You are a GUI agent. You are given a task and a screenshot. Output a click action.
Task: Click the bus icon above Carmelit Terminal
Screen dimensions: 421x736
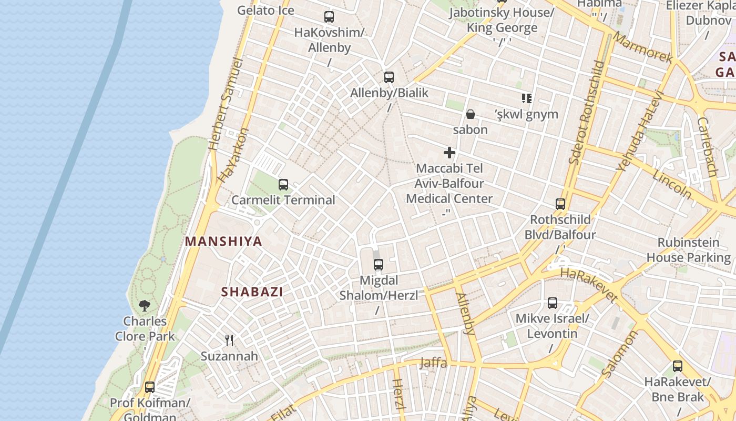(x=283, y=185)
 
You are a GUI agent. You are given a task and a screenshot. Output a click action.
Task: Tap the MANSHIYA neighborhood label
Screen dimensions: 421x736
(x=223, y=242)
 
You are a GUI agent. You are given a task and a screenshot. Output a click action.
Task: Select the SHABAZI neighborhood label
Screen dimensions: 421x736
(x=252, y=292)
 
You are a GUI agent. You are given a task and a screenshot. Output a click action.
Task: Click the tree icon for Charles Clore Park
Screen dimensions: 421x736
(x=145, y=305)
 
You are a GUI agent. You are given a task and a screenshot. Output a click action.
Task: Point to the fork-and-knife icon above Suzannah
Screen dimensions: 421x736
(x=229, y=340)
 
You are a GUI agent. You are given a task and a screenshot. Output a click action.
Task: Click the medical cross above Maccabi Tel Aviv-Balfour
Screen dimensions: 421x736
(x=449, y=153)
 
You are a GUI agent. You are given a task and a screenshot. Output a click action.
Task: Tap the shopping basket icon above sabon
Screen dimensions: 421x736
(x=471, y=114)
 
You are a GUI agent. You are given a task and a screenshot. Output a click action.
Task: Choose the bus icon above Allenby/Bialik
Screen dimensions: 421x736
(x=389, y=77)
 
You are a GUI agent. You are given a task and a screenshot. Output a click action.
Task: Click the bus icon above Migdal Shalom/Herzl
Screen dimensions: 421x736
(x=379, y=265)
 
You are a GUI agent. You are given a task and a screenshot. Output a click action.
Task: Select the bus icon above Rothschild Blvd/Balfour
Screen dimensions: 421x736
(x=560, y=204)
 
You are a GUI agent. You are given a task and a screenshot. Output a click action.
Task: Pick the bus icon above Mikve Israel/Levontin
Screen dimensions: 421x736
(x=553, y=303)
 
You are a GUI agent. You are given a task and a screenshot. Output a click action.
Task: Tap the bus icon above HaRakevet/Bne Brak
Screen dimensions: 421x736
(x=678, y=366)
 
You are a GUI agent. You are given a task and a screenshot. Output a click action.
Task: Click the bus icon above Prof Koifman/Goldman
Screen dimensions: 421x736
(x=150, y=387)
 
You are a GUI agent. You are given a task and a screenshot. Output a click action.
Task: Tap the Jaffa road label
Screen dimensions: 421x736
(x=433, y=363)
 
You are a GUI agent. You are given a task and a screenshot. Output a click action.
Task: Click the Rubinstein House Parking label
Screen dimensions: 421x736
(x=688, y=250)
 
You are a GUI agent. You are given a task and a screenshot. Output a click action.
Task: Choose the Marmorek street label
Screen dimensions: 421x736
(x=642, y=48)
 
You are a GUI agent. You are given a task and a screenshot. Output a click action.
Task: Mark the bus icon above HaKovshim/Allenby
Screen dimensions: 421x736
(x=329, y=17)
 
